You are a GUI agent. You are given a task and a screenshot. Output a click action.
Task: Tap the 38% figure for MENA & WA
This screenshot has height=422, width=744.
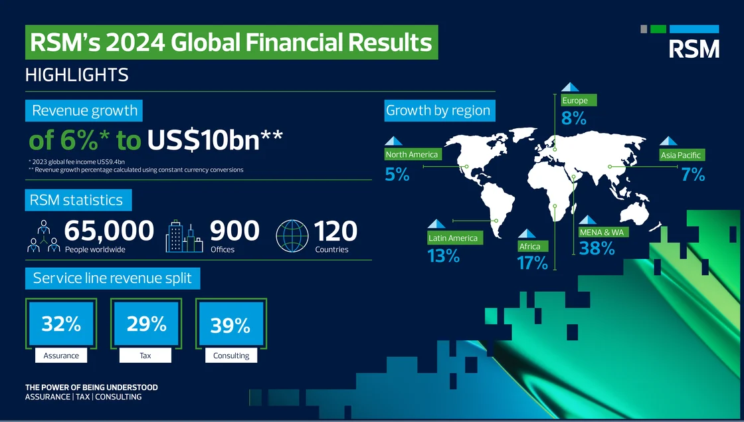pyautogui.click(x=597, y=249)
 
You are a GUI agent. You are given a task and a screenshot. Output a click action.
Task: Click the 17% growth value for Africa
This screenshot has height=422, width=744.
pyautogui.click(x=532, y=263)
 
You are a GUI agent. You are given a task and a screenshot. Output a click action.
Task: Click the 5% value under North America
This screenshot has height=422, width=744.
pyautogui.click(x=397, y=175)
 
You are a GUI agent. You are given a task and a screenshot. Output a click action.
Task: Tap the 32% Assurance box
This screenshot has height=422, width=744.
pyautogui.click(x=61, y=324)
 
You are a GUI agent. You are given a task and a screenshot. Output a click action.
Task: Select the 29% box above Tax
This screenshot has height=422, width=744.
pyautogui.click(x=146, y=324)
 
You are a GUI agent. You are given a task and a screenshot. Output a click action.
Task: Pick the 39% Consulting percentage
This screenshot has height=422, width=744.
pyautogui.click(x=231, y=325)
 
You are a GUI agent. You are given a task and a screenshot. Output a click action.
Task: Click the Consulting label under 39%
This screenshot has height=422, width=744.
pyautogui.click(x=231, y=356)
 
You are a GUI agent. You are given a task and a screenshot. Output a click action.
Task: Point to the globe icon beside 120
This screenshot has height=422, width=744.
pyautogui.click(x=292, y=235)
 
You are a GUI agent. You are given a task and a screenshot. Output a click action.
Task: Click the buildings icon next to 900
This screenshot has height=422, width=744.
pyautogui.click(x=184, y=236)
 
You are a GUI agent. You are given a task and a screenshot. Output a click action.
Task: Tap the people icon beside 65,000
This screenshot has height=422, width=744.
pyautogui.click(x=44, y=236)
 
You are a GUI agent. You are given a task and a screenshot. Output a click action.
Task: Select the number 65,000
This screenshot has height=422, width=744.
pyautogui.click(x=109, y=231)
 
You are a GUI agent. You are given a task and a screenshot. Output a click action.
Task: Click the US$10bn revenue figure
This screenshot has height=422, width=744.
pyautogui.click(x=215, y=140)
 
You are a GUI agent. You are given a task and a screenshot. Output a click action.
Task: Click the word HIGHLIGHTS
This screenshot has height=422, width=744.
pyautogui.click(x=77, y=75)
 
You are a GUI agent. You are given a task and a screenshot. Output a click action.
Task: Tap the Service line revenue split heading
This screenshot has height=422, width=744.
pyautogui.click(x=112, y=278)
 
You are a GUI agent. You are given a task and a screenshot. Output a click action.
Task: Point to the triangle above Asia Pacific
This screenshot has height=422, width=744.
pyautogui.click(x=668, y=141)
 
